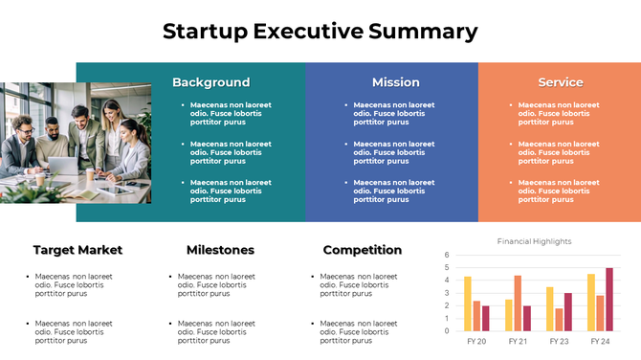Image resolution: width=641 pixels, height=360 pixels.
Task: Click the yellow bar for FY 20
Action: point(467,304)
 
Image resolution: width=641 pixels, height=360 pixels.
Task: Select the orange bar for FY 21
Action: point(518,303)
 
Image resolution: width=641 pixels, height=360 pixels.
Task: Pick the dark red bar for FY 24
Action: point(609,299)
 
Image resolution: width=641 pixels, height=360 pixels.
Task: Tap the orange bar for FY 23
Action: point(559,319)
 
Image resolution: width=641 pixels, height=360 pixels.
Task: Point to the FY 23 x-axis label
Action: point(559,341)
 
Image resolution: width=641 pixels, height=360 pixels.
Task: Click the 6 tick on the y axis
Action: point(447,256)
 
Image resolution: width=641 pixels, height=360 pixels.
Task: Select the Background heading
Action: point(210,82)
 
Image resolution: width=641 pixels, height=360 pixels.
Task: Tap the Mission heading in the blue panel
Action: point(395,82)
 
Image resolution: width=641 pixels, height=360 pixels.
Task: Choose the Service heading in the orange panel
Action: point(560,82)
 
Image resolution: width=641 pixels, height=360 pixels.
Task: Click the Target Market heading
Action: point(77,250)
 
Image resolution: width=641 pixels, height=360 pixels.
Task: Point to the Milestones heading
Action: point(220,250)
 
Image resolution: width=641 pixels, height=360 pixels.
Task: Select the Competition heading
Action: point(362,250)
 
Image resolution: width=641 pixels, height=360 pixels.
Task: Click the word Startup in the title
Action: point(205,31)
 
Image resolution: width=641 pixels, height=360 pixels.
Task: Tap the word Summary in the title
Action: point(423,31)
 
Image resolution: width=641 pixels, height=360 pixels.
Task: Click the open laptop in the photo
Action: point(62,166)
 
